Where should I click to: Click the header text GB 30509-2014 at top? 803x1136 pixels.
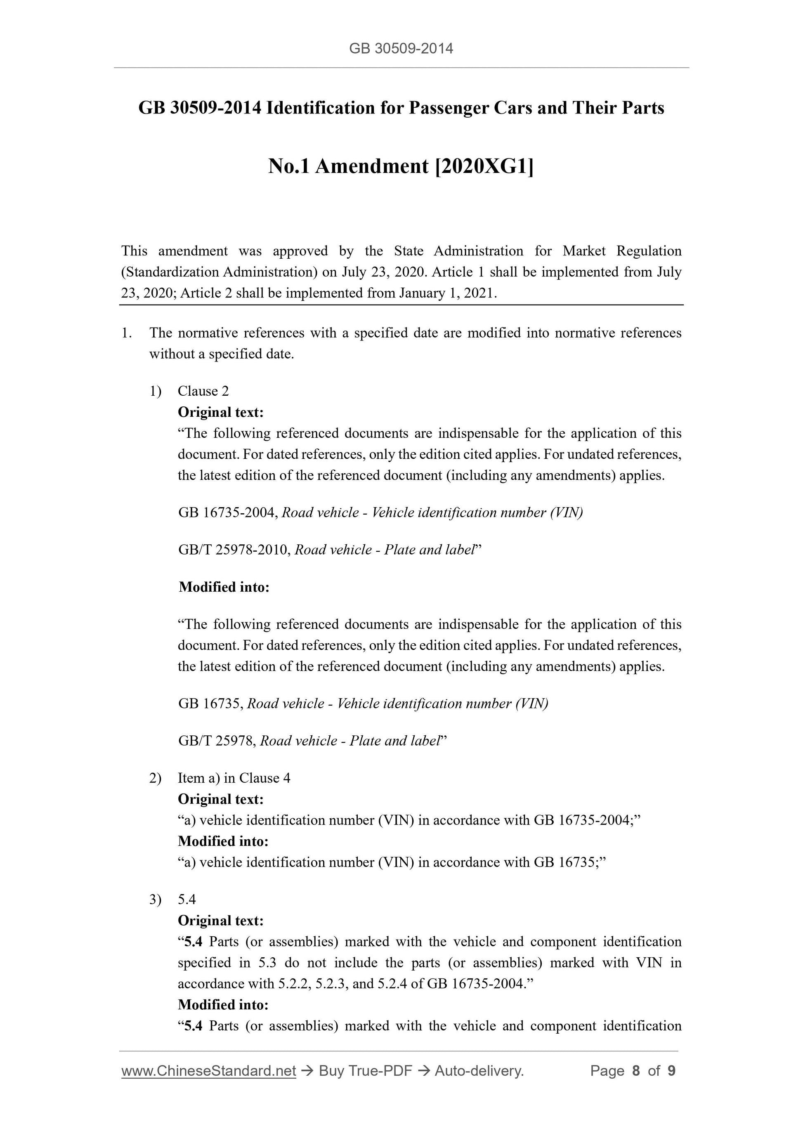[x=401, y=49]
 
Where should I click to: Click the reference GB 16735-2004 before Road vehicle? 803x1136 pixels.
[x=228, y=512]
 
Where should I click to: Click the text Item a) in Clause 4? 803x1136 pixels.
[x=234, y=778]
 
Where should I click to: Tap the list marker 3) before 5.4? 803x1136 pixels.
[x=155, y=900]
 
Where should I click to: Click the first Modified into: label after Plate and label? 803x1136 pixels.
[x=224, y=587]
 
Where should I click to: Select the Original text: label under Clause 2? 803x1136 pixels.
[x=221, y=412]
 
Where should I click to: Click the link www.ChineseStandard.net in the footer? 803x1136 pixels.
[x=208, y=1071]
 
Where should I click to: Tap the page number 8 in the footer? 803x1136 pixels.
[x=636, y=1071]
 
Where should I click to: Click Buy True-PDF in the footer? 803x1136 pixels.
[x=366, y=1071]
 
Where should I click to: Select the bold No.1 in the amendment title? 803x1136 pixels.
[x=289, y=167]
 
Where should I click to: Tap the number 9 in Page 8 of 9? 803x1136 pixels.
[x=671, y=1071]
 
